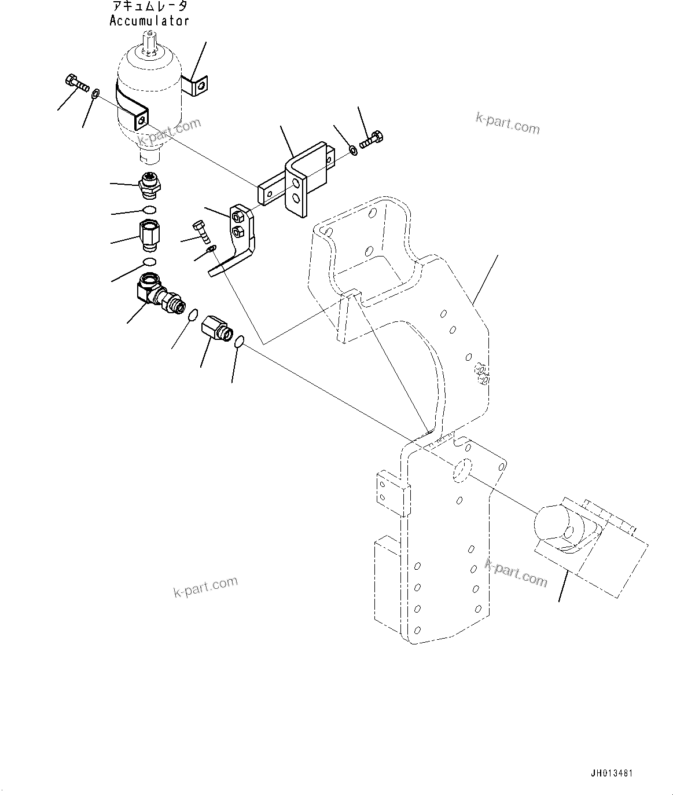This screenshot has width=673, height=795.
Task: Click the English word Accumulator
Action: point(149,21)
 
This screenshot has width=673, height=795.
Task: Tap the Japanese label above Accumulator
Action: point(149,7)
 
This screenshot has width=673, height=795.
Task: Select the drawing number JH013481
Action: point(612,773)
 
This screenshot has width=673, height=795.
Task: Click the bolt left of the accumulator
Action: point(76,83)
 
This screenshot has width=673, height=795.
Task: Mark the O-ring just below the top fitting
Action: point(150,209)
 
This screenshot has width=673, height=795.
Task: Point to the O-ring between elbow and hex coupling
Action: point(194,315)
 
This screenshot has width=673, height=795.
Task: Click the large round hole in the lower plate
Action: point(462,471)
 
